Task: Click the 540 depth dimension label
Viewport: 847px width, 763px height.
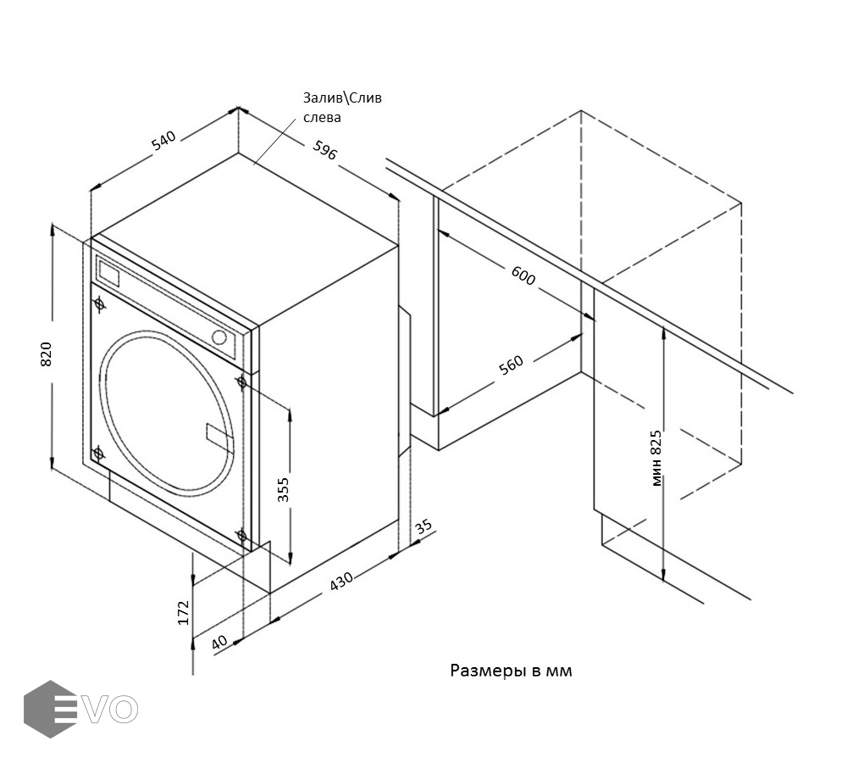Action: (163, 141)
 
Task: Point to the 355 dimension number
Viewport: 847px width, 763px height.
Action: (284, 490)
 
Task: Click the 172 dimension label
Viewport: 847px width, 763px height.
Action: (184, 613)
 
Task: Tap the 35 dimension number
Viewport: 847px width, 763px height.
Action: (423, 526)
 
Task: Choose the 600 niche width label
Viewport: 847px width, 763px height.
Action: (523, 276)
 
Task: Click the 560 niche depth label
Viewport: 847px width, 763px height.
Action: (511, 365)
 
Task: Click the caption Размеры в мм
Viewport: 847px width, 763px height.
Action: (511, 671)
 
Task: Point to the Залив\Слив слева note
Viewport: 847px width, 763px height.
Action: (342, 108)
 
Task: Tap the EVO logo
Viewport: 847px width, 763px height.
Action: (80, 709)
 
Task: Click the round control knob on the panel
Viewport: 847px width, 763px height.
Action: (221, 337)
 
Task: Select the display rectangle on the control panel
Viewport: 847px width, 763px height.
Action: (109, 273)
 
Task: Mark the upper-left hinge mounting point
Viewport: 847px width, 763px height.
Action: (100, 303)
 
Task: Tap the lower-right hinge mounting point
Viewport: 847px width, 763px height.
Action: (242, 535)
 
